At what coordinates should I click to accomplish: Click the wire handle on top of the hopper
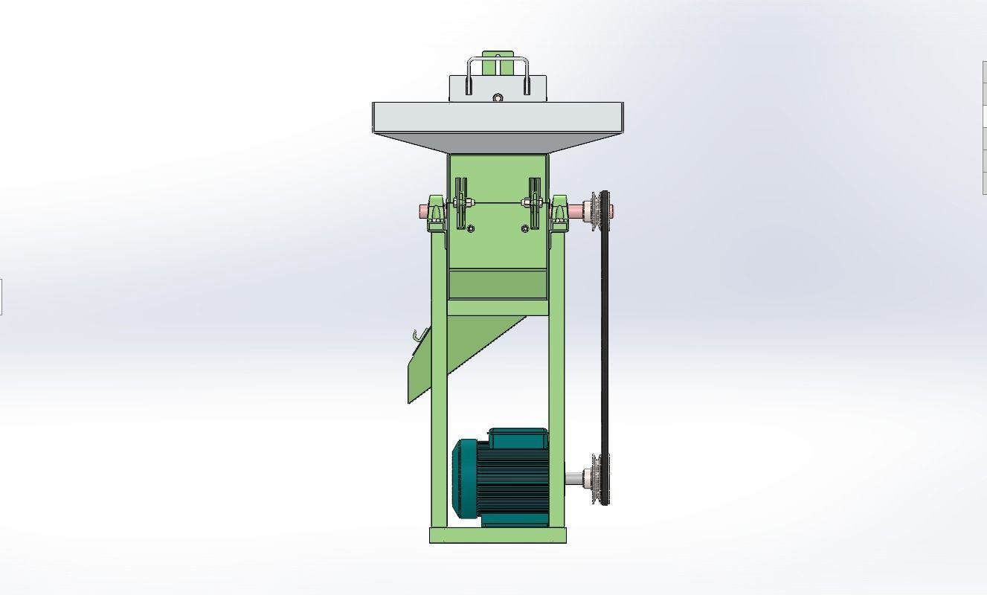497,59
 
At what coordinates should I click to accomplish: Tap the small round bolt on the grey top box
498,97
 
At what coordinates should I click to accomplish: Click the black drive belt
605,342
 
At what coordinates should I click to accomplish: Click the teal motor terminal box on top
518,438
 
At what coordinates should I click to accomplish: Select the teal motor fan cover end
464,477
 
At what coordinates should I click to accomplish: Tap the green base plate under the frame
498,535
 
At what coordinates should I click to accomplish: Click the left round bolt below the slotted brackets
470,228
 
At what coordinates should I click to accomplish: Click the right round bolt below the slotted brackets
525,228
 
